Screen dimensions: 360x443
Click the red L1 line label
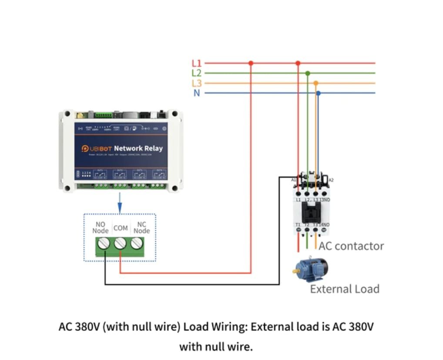(196, 64)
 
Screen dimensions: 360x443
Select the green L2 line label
(196, 73)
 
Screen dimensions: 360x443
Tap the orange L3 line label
(196, 83)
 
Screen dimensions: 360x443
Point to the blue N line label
(197, 93)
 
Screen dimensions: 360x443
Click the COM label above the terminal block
(121, 228)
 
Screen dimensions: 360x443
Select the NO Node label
(101, 228)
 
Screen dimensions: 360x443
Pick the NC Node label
(141, 228)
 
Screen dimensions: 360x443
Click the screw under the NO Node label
(104, 244)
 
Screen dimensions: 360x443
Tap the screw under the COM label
(120, 244)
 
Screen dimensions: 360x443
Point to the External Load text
(345, 289)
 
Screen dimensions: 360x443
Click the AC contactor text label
(351, 246)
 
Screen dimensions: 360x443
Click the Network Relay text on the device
(138, 148)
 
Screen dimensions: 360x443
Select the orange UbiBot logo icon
(85, 149)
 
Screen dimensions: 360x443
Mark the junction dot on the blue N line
(319, 93)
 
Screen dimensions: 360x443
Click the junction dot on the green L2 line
(308, 73)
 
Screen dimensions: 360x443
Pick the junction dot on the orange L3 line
(316, 83)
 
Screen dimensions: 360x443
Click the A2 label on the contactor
(331, 180)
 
